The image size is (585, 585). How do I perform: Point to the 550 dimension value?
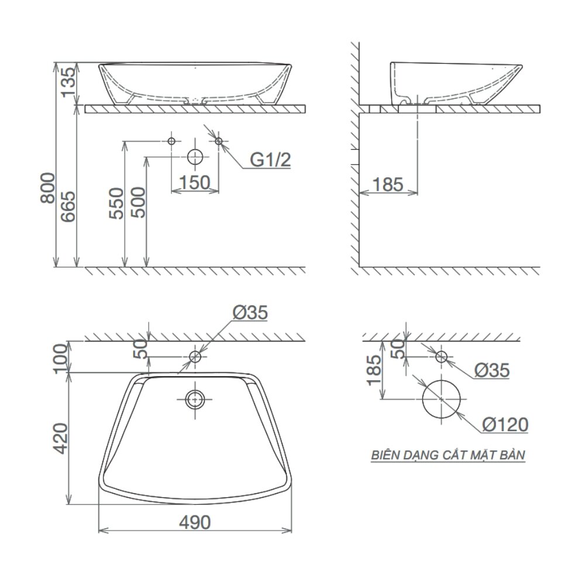117,204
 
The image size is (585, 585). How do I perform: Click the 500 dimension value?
138,204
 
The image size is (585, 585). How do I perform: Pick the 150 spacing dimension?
194,183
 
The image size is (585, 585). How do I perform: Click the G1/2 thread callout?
270,160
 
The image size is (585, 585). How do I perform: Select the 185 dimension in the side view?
387,184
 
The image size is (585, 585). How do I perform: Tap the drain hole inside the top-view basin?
195,400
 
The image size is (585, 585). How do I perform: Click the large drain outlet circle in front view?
195,157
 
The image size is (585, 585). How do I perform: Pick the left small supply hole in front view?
171,141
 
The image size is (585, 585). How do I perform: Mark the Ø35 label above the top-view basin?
250,314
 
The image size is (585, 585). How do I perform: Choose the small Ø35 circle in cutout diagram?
442,356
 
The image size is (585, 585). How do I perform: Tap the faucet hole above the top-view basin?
195,356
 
